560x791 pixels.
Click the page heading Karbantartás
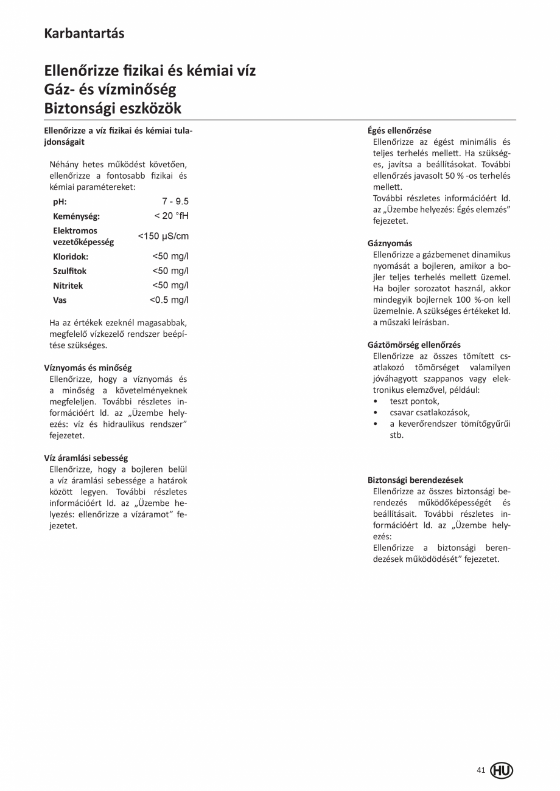84,33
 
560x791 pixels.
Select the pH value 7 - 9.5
175,201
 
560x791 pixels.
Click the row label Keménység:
76,216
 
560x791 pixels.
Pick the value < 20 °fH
172,216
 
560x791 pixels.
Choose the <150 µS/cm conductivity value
163,236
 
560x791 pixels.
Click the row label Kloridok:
71,257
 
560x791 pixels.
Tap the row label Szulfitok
70,271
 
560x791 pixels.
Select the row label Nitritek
68,286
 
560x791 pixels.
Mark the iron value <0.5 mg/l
169,300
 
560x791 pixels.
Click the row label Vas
60,300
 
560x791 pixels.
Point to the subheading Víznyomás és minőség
88,368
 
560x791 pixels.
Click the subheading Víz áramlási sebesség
86,458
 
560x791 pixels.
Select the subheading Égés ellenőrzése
399,131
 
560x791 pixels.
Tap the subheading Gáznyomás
390,243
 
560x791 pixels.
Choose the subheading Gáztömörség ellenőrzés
414,345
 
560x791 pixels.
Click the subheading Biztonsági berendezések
415,480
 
